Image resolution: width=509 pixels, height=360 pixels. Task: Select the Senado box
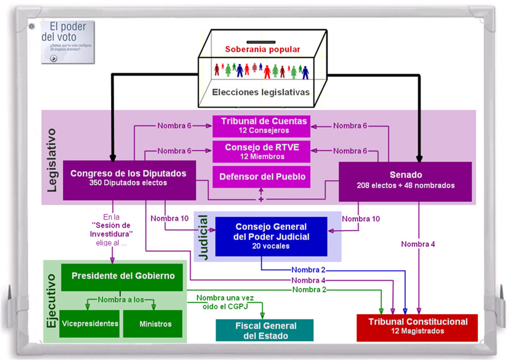click(405, 181)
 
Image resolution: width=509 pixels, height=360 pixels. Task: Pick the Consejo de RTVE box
click(262, 151)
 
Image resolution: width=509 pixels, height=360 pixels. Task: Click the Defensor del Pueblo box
click(262, 177)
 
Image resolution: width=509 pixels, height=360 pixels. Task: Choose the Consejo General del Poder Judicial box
click(271, 236)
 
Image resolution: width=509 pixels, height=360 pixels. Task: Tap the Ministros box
click(155, 324)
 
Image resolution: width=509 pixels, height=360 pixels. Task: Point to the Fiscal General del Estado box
click(265, 330)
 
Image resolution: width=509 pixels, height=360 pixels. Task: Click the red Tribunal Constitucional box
click(417, 327)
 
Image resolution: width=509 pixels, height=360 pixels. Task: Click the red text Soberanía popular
click(262, 50)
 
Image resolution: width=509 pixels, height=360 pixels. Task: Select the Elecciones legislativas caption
click(261, 93)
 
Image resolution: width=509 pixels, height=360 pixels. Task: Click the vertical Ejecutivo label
click(51, 301)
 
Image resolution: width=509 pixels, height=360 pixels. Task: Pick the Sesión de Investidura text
click(111, 230)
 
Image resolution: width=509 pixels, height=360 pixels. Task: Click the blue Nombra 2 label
click(308, 270)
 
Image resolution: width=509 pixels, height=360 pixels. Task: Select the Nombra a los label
click(121, 300)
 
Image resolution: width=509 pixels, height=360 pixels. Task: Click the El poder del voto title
click(61, 32)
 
